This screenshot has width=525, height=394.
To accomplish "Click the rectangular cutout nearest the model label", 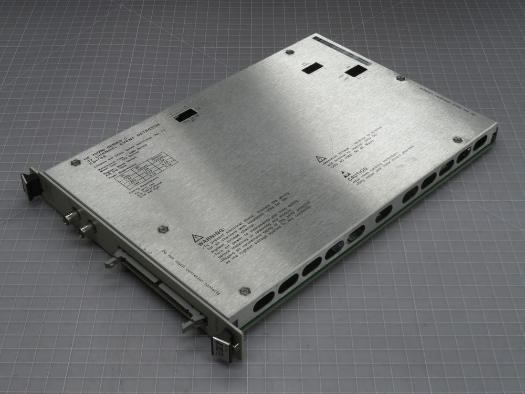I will coord(186,115).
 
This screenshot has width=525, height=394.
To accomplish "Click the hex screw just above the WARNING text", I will coord(163,229).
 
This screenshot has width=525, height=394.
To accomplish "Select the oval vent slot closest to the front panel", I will coord(264,301).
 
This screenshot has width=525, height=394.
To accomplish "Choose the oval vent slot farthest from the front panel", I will coord(480,144).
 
